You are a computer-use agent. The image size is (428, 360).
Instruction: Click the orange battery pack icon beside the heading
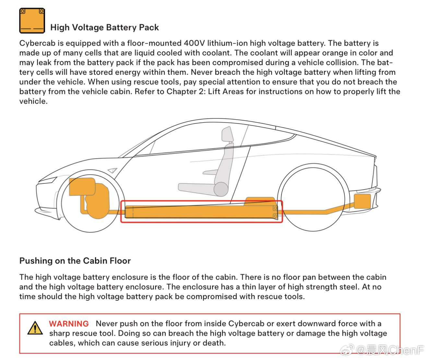[x=32, y=20]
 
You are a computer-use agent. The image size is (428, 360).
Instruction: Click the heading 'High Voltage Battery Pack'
[x=104, y=28]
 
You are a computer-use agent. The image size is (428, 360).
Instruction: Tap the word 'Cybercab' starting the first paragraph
[x=38, y=43]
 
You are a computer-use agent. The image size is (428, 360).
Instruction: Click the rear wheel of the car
[x=313, y=199]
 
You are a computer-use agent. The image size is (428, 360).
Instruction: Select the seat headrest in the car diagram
[x=228, y=134]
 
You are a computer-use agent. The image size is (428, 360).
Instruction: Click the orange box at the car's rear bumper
[x=363, y=201]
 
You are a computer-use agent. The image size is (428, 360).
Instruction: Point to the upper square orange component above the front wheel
[x=82, y=187]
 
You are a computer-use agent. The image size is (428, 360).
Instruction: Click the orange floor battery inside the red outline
[x=201, y=212]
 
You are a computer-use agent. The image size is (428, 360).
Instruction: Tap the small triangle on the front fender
[x=112, y=170]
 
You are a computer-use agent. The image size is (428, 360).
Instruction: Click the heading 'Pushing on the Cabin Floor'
[x=75, y=261]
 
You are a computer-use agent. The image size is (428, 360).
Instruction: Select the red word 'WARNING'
[x=69, y=324]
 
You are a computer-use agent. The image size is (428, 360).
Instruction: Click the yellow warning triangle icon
[x=35, y=328]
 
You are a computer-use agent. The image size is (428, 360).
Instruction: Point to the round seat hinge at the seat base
[x=221, y=189]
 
